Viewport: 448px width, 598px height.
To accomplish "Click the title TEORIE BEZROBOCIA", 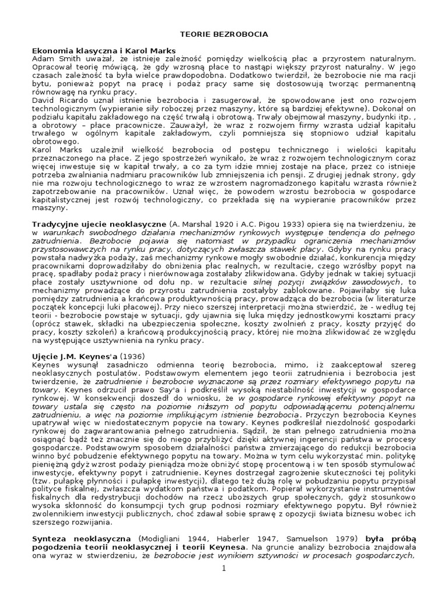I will pos(224,34).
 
